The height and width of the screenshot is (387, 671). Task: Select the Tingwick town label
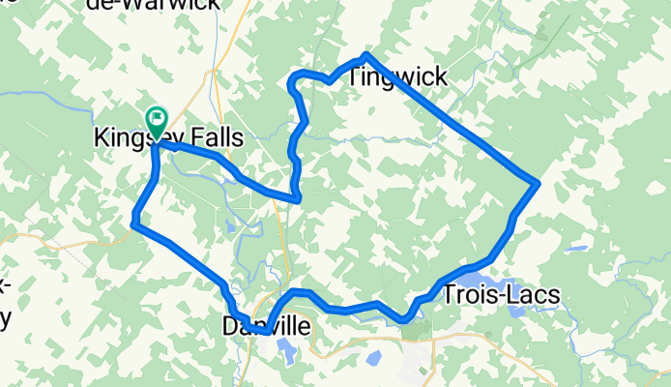click(396, 76)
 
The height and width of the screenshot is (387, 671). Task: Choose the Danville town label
click(266, 327)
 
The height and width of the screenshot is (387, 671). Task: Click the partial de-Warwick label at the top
click(165, 5)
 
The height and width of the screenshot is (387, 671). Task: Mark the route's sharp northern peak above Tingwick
click(365, 54)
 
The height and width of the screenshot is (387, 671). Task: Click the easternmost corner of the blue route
click(537, 182)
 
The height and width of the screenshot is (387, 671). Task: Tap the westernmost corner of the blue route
click(132, 225)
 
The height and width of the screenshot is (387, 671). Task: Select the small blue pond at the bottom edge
click(373, 359)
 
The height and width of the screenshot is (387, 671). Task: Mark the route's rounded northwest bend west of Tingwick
click(294, 78)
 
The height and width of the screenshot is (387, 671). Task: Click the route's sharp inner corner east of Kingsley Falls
click(299, 199)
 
